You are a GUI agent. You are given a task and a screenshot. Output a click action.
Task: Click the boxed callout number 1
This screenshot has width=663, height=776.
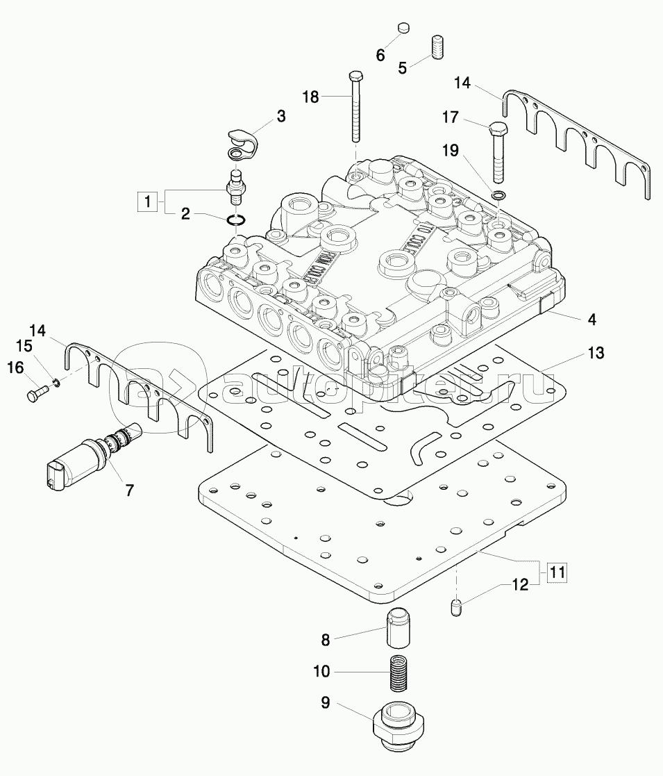pos(146,202)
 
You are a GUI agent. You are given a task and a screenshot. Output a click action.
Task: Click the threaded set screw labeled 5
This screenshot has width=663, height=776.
pos(437,47)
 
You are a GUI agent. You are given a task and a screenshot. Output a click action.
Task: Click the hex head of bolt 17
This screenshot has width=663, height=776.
pos(498,130)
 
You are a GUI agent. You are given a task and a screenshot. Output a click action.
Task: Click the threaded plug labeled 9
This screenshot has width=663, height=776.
pos(397,727)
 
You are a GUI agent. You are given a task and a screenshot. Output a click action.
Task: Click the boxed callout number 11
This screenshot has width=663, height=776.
pos(556,572)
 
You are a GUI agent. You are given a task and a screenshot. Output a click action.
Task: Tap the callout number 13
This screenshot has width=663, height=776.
pos(596,353)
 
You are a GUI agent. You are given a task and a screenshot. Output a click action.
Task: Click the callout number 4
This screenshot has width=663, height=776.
pos(592,321)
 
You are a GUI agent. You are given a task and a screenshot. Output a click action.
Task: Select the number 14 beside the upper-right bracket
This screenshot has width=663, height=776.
pos(462,83)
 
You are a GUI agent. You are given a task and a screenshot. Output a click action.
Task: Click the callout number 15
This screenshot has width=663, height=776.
pos(24,346)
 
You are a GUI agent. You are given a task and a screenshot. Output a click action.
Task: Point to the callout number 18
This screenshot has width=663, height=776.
pos(310,97)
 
